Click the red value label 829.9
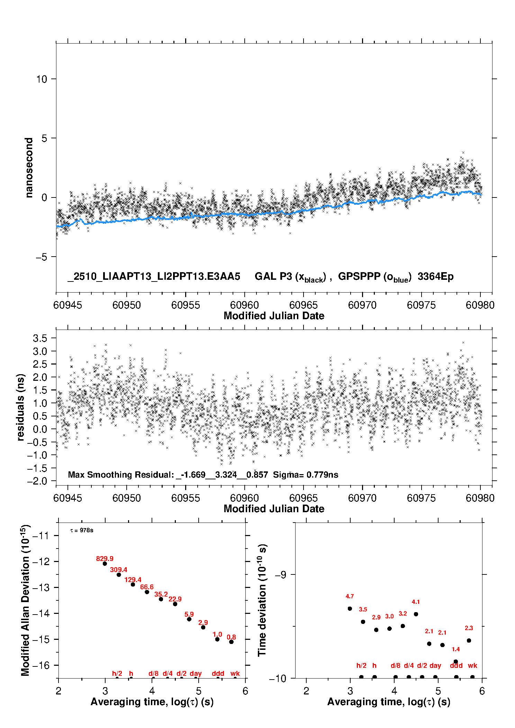click(105, 559)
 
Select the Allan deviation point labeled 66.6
click(147, 592)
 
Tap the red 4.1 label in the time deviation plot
click(416, 602)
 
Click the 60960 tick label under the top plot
click(244, 305)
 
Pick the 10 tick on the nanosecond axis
click(42, 79)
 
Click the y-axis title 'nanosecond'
click(29, 168)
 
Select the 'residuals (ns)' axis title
click(21, 407)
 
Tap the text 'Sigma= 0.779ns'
click(305, 474)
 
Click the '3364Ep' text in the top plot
click(435, 276)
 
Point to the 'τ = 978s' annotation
click(82, 531)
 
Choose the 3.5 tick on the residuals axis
click(40, 338)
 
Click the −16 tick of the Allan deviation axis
click(40, 665)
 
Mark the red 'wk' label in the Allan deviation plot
click(235, 673)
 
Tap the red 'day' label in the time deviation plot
click(435, 665)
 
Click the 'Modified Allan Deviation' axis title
click(25, 600)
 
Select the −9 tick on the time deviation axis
click(280, 574)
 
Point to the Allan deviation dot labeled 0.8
click(231, 642)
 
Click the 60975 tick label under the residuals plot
click(421, 498)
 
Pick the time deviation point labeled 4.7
click(350, 609)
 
